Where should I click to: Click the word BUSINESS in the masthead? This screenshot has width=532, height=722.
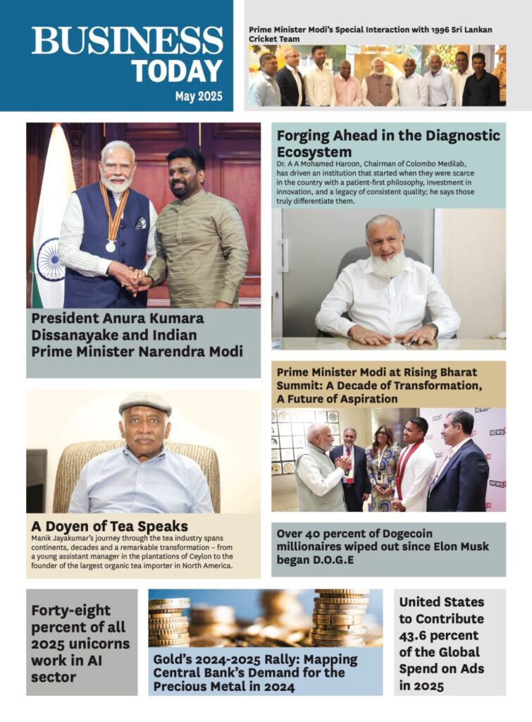[127, 41]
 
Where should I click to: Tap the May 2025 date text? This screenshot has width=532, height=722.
[199, 96]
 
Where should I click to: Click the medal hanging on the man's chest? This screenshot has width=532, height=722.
[111, 245]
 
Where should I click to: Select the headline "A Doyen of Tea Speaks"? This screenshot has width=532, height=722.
[109, 526]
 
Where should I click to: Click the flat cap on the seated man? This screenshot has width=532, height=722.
[144, 402]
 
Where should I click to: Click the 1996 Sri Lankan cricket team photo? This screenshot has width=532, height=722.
[377, 75]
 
